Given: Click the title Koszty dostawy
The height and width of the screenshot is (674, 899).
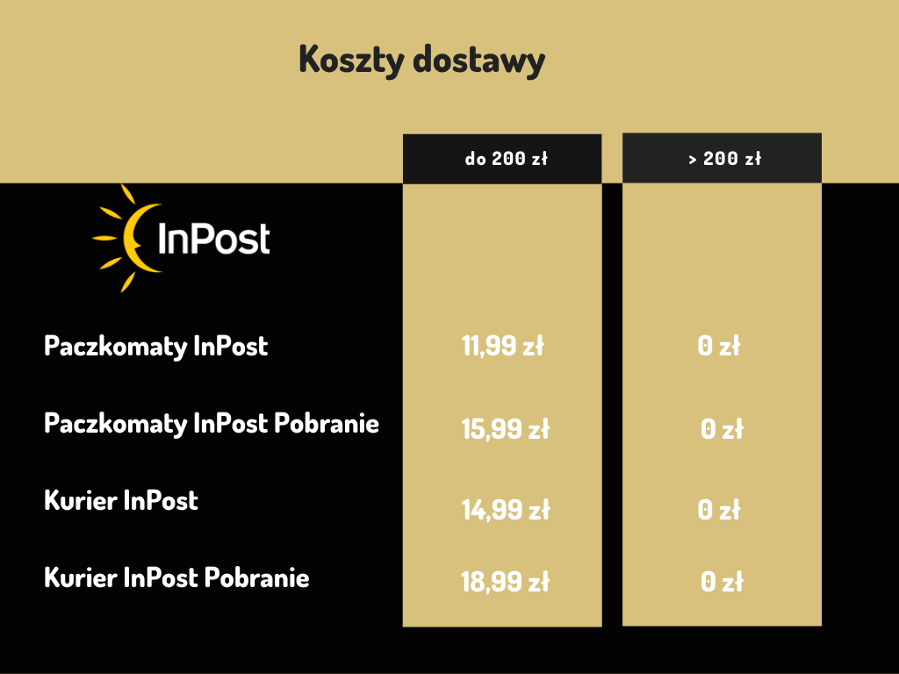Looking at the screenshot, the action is tap(422, 61).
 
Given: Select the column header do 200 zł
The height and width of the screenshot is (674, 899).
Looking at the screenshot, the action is tap(507, 158).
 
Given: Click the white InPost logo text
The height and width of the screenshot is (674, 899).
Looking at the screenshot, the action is tap(214, 239).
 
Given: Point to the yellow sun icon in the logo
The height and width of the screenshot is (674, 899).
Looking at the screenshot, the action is tap(126, 238).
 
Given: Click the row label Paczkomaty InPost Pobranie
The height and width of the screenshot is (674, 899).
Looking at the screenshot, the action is tap(212, 425).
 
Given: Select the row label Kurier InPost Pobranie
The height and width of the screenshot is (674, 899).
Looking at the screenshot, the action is tap(176, 577).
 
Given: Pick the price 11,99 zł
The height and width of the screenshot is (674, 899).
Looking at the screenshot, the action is tap(503, 346).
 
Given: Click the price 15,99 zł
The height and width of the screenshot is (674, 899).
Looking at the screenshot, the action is tap(506, 428).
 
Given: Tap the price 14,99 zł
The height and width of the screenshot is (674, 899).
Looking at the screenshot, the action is tap(506, 510).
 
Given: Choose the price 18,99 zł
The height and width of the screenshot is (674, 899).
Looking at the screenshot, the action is tap(506, 582).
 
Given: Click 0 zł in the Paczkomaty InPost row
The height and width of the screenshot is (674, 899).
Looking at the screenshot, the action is tap(719, 346).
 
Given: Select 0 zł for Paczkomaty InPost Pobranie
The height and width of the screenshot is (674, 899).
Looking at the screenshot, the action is tap(722, 428).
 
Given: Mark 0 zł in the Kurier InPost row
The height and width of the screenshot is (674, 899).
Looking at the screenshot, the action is tap(719, 510).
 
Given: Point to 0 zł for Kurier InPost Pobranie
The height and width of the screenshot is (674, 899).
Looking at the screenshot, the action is tap(722, 582).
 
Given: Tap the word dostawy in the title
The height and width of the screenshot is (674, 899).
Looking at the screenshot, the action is tap(479, 61).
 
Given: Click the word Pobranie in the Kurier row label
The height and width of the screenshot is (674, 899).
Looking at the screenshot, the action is tap(257, 577).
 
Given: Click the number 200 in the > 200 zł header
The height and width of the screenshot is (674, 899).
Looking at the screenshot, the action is tap(720, 158).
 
